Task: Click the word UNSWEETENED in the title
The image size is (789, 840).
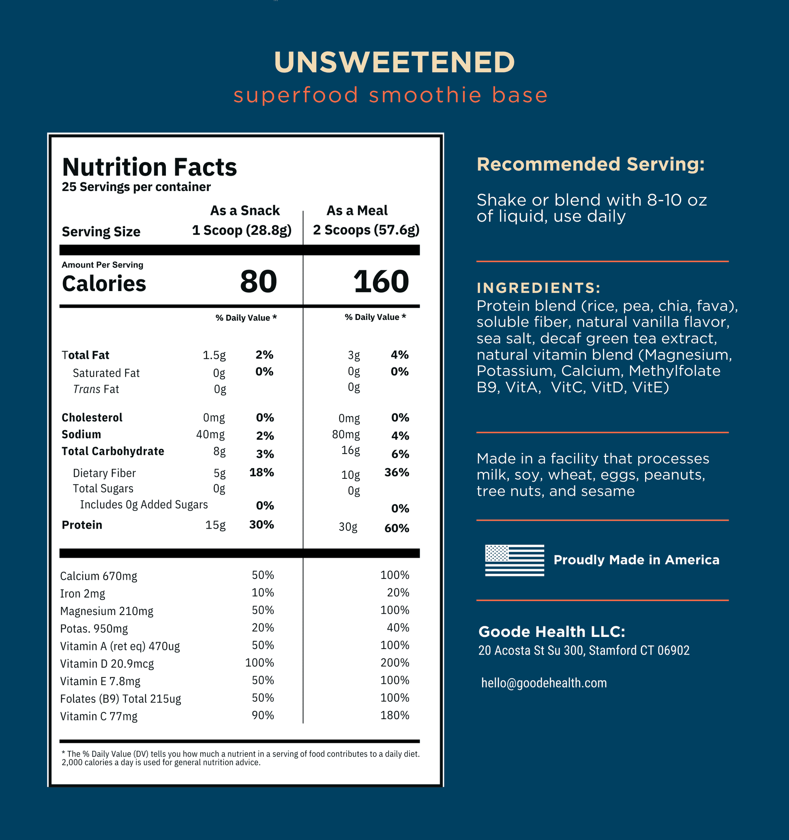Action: click(x=394, y=62)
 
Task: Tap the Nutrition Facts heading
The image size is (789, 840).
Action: click(x=149, y=167)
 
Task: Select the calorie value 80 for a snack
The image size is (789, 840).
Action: click(x=258, y=281)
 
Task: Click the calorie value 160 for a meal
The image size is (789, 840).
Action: click(x=381, y=281)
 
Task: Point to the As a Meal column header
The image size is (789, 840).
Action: click(x=357, y=210)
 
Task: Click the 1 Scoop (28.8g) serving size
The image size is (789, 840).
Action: click(x=241, y=230)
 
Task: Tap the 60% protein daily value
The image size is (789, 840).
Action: click(x=397, y=528)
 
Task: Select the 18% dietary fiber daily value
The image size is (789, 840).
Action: click(x=261, y=472)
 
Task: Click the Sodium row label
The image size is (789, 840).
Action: click(x=81, y=434)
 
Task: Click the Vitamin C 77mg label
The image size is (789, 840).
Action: click(x=99, y=716)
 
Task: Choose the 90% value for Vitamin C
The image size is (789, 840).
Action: click(x=262, y=716)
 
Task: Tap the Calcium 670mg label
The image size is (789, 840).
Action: click(x=99, y=576)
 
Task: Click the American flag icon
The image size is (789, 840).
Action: click(x=514, y=560)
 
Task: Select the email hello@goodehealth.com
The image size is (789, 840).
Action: click(x=543, y=683)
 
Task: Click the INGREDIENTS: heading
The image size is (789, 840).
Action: click(x=538, y=288)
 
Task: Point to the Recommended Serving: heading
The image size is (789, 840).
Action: click(x=590, y=164)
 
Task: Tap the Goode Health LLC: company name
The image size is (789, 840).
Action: click(x=551, y=632)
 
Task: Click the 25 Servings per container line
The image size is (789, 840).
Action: click(x=136, y=187)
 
